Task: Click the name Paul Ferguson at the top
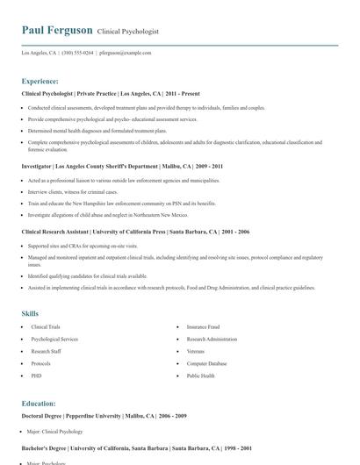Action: click(57, 30)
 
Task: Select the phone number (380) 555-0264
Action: click(77, 53)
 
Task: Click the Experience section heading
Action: click(42, 80)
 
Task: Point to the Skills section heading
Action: click(30, 313)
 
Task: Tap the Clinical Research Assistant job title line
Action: click(135, 232)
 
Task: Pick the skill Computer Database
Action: click(207, 363)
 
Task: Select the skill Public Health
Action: click(200, 376)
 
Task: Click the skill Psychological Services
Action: click(54, 339)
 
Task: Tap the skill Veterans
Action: click(196, 351)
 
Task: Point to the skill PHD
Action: click(36, 376)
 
